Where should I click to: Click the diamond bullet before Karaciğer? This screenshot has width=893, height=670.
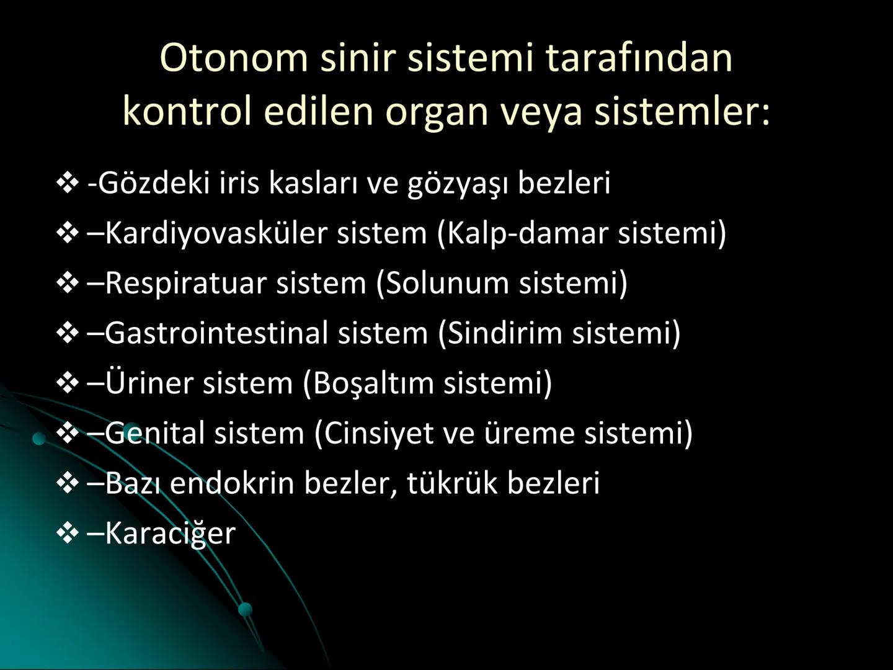[x=67, y=533]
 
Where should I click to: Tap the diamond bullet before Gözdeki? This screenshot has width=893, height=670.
[x=67, y=183]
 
